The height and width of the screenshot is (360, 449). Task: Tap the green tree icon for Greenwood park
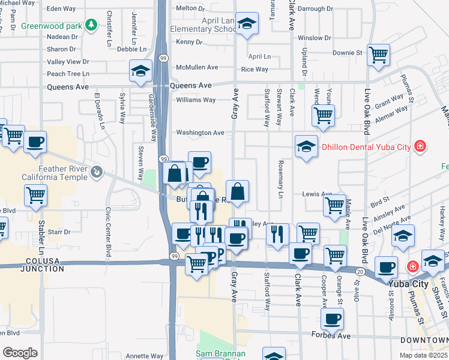point(91,25)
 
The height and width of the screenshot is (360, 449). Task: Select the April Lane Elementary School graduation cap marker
point(247,24)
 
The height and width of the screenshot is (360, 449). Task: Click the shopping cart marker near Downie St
point(379,55)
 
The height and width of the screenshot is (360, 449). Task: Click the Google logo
point(20,352)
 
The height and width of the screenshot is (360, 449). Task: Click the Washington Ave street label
point(200,133)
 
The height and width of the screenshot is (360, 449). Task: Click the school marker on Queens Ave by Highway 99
point(140,71)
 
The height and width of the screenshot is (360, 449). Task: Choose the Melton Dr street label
point(186,8)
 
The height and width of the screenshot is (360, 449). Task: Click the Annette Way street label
point(145,356)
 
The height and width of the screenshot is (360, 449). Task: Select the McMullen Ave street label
point(197,68)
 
